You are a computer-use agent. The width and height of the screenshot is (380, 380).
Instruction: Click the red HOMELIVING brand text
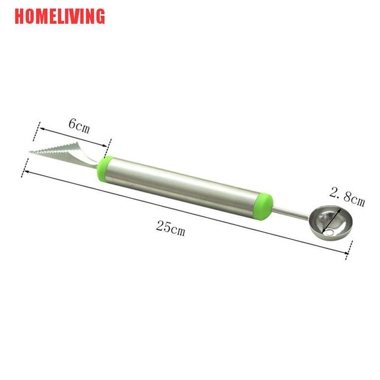[59, 16]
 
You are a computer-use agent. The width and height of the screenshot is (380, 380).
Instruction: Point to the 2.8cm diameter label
[347, 197]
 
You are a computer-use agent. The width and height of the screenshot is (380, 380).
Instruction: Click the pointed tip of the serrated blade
[30, 152]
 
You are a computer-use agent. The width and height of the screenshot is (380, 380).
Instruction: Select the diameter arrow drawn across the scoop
[334, 218]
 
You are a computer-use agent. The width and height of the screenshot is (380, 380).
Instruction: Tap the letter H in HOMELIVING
[19, 16]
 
